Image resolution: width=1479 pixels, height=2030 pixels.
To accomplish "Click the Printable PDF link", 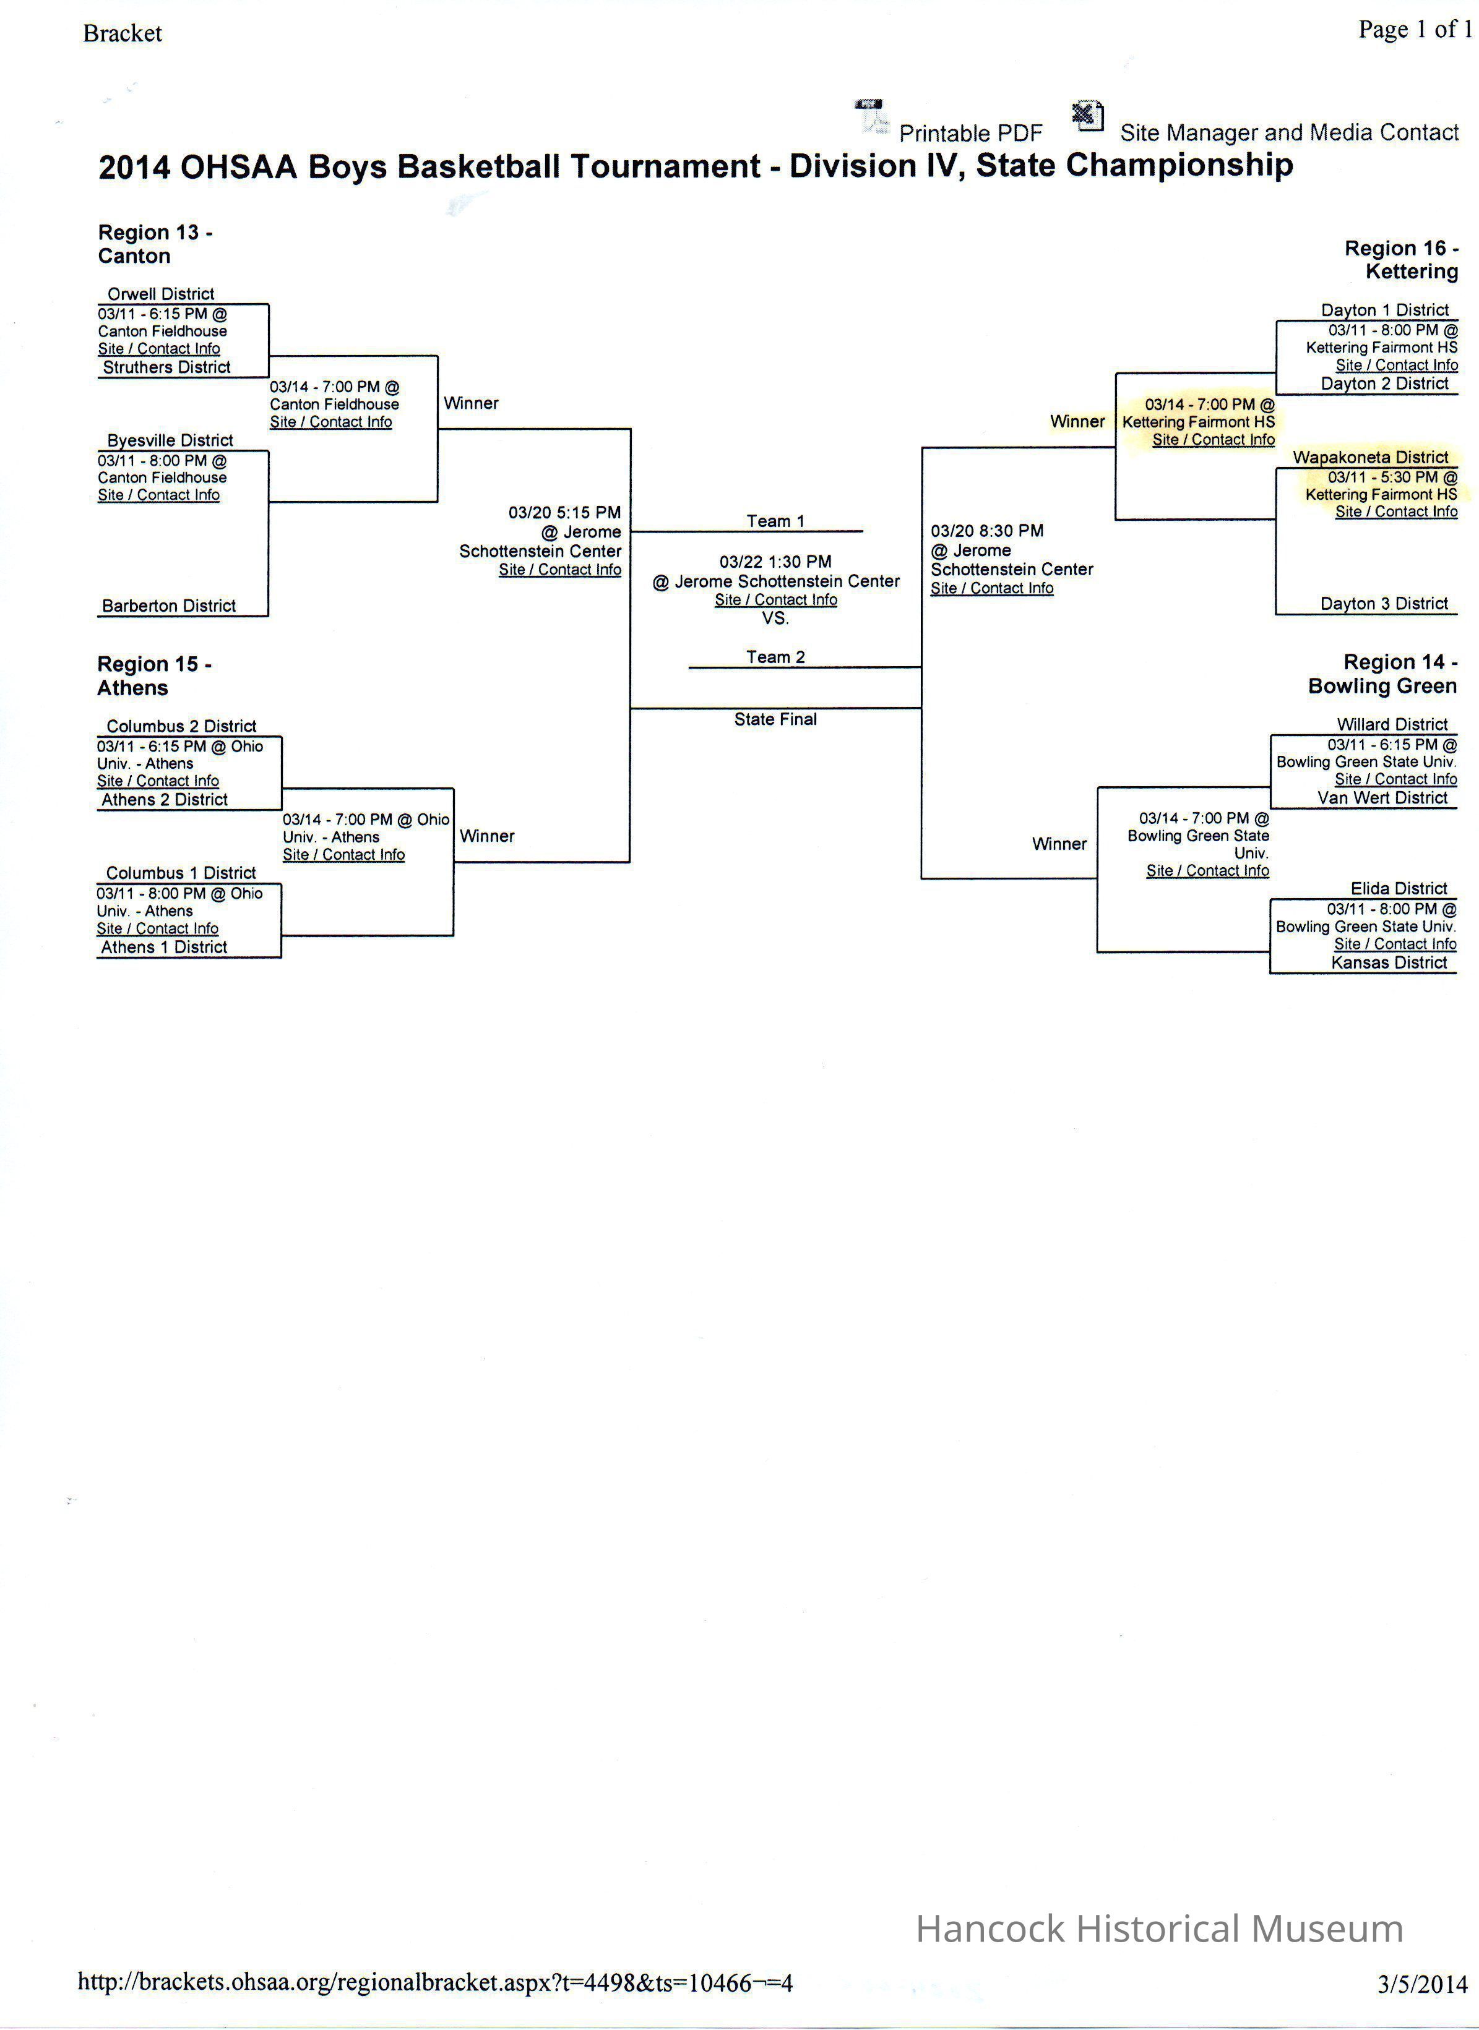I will (970, 134).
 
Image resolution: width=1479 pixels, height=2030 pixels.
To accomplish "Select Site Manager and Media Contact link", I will (1288, 132).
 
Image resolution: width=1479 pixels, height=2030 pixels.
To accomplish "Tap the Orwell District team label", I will (161, 294).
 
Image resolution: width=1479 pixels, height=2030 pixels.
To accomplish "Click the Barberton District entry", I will (168, 606).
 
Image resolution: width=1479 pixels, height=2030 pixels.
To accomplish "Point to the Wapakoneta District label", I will (1369, 457).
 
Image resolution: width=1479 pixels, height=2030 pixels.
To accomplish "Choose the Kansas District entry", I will (1389, 963).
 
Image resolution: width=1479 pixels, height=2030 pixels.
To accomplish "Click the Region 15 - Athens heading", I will (154, 676).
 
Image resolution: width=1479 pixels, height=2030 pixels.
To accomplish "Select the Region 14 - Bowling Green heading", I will (1382, 674).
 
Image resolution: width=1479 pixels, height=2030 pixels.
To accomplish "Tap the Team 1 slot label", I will (775, 521).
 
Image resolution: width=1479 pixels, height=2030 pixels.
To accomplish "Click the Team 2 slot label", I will (775, 657).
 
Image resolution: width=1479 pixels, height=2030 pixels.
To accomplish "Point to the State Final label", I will (775, 719).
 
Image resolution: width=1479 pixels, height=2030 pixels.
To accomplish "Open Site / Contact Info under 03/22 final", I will (775, 600).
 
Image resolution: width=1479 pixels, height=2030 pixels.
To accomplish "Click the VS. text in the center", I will (775, 619).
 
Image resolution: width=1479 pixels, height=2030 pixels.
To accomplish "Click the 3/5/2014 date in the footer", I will (1423, 1984).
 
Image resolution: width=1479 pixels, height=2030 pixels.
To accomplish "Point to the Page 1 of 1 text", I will (1415, 30).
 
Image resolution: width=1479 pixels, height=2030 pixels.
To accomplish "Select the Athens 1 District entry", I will (164, 947).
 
